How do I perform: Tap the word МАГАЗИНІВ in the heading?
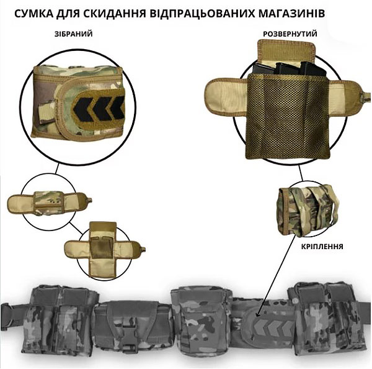(x=291, y=14)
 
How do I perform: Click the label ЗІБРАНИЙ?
(x=74, y=34)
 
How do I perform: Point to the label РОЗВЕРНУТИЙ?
(x=290, y=34)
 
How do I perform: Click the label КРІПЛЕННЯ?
(x=322, y=247)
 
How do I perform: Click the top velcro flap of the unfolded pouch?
(x=286, y=52)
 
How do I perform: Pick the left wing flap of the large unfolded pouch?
(x=226, y=97)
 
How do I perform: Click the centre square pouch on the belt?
(x=200, y=321)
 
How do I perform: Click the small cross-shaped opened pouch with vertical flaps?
(x=104, y=250)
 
